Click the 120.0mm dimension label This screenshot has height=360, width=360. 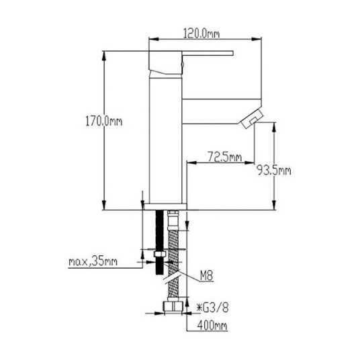click(201, 34)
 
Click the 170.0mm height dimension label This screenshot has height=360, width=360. click(104, 121)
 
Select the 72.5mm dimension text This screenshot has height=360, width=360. click(225, 156)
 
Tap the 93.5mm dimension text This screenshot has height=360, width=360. click(273, 171)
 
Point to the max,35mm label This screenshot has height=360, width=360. click(93, 261)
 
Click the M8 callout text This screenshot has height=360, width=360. click(206, 275)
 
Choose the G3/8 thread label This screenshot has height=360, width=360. click(213, 308)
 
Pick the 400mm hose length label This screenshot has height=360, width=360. click(212, 325)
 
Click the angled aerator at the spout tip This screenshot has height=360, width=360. click(252, 119)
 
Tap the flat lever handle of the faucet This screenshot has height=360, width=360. click(208, 53)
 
